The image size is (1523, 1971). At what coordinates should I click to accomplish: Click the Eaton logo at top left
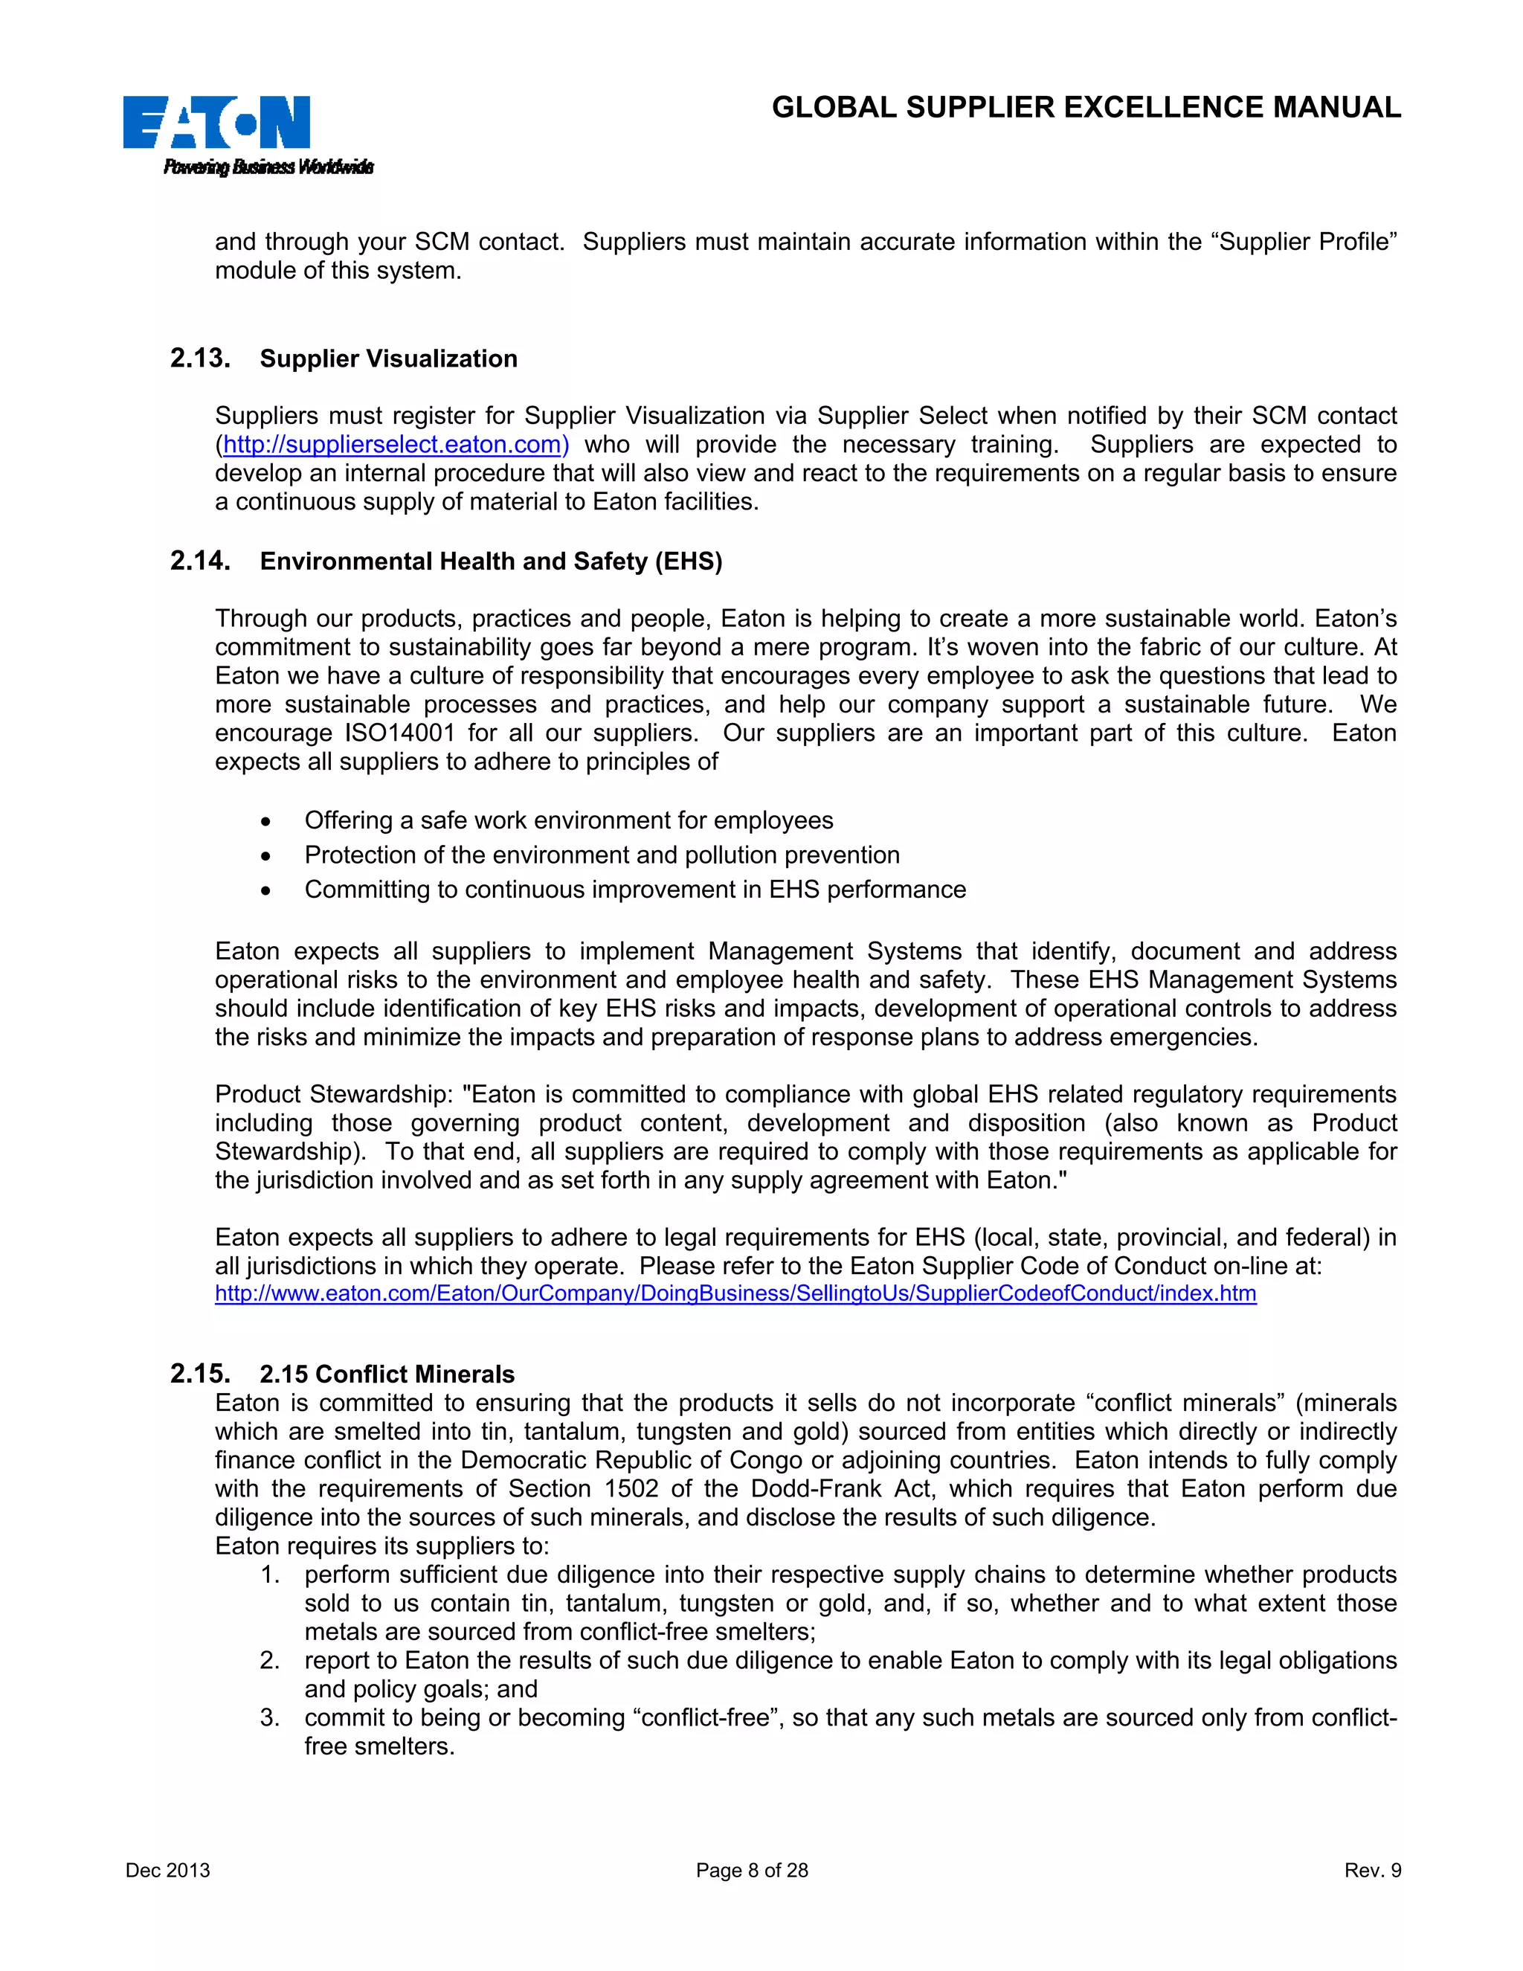click(x=216, y=123)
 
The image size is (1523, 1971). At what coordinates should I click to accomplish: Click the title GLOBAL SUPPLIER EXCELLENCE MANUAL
click(x=1086, y=107)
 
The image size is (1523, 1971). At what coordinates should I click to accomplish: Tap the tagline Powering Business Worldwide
click(x=268, y=167)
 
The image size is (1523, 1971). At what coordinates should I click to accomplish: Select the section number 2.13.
click(x=200, y=358)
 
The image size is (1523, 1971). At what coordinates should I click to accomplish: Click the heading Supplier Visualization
click(x=388, y=359)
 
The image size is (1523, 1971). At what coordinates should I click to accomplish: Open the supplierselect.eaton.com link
click(x=395, y=445)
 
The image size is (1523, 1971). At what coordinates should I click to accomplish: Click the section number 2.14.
click(x=200, y=562)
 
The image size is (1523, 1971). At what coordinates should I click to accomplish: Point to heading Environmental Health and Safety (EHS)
click(x=491, y=562)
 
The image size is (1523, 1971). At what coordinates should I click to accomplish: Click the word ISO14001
click(x=399, y=733)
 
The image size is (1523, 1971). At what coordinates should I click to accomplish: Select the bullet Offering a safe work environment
click(x=568, y=820)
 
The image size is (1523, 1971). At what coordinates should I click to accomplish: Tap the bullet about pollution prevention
click(x=602, y=855)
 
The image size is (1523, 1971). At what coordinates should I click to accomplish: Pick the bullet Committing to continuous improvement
click(x=634, y=890)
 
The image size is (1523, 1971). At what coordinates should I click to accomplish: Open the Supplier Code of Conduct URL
click(x=735, y=1294)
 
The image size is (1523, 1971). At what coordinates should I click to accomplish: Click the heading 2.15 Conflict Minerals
click(x=387, y=1374)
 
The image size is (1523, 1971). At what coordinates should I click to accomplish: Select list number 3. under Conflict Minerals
click(x=270, y=1717)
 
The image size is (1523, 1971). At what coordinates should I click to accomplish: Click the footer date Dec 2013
click(x=168, y=1871)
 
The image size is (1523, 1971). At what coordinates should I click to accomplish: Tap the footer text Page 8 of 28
click(x=752, y=1871)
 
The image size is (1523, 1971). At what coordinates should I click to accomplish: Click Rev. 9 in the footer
click(x=1372, y=1871)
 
